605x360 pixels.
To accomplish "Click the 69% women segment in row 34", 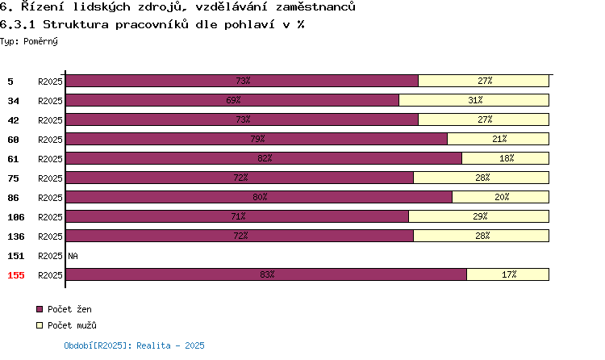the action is pos(232,100).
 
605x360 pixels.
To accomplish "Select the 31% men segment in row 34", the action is pos(474,100).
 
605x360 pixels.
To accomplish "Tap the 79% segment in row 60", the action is pos(257,139).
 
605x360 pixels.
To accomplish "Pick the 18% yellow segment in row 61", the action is pos(506,158).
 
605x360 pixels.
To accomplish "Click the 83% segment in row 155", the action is pos(266,274).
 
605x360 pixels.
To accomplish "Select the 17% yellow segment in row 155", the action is pos(508,274).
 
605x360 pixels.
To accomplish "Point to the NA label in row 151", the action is pos(73,256).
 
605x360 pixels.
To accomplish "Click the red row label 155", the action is pos(16,275).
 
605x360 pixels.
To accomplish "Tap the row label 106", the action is pos(16,217).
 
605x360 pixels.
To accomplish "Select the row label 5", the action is pos(10,82).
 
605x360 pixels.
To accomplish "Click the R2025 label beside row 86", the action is pos(50,198).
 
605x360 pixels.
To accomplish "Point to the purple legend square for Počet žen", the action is pos(40,309).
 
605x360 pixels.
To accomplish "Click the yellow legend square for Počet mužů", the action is pos(40,325).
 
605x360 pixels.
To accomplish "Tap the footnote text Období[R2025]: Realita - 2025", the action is pos(134,345).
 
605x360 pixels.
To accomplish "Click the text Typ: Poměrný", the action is pos(29,41).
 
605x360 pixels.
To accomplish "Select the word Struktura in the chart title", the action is pos(76,24).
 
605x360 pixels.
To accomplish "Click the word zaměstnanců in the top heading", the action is pos(315,6).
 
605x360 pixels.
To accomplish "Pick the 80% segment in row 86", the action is pos(259,197).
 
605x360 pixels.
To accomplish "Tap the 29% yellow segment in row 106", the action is pos(479,216).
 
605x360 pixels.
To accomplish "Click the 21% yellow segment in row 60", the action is pos(499,139).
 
